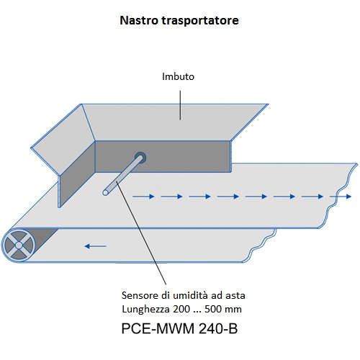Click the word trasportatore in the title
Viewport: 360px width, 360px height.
(x=200, y=21)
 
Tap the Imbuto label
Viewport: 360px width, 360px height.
(x=178, y=76)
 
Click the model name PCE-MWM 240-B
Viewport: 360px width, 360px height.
(x=179, y=328)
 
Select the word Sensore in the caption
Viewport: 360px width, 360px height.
(x=140, y=295)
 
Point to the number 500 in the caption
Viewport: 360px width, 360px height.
(x=213, y=309)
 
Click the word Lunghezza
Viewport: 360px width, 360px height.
(x=146, y=310)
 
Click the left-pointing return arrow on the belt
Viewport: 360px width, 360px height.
(x=96, y=246)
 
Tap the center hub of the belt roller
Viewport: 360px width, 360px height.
(x=19, y=246)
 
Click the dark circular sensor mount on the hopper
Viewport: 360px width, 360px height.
(x=140, y=158)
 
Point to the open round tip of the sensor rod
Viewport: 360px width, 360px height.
(x=105, y=192)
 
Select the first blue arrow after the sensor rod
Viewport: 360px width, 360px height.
(x=143, y=197)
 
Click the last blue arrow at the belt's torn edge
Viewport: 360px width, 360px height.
(x=341, y=197)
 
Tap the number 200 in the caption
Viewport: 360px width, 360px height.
(x=181, y=309)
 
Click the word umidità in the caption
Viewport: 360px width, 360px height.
(x=191, y=295)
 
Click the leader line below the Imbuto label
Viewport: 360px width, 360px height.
(x=180, y=105)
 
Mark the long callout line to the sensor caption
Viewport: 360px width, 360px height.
(x=141, y=233)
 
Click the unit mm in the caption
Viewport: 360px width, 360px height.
(x=233, y=310)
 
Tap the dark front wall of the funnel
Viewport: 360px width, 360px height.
(x=163, y=156)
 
